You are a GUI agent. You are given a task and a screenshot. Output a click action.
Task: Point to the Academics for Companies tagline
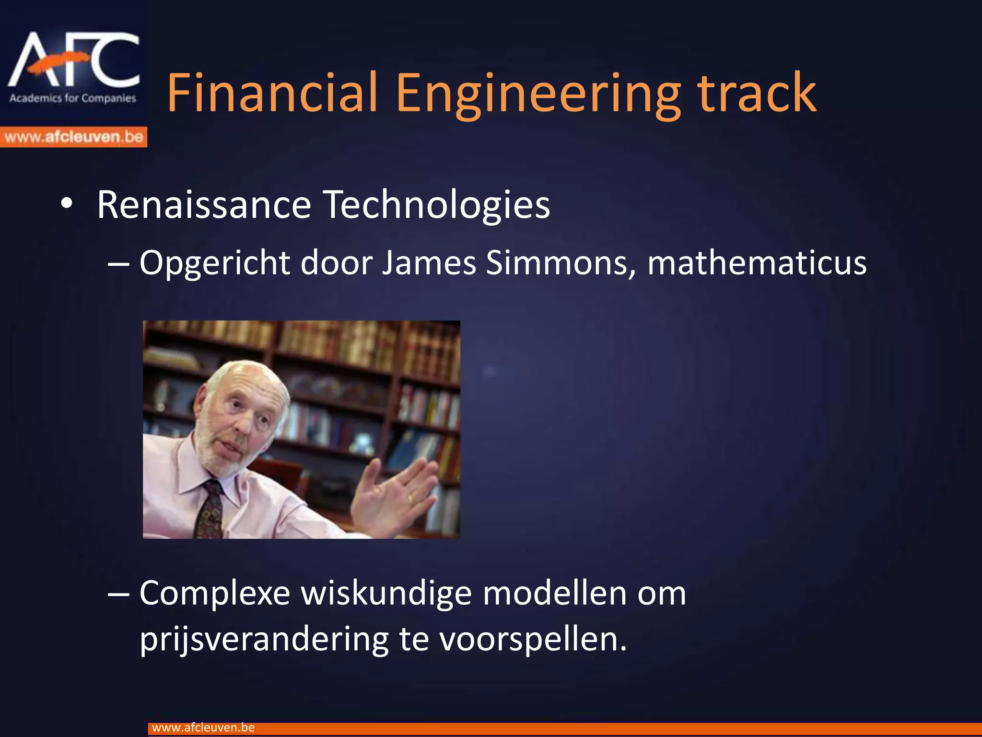coord(73,98)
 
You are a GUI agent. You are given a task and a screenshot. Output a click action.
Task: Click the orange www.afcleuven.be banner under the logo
coord(73,137)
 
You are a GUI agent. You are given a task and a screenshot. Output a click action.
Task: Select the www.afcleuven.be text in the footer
coord(203,727)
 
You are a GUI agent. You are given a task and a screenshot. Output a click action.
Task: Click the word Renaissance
coord(204,205)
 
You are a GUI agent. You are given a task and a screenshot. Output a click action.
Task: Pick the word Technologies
coord(436,205)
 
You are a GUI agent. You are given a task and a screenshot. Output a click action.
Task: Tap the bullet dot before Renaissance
coord(67,203)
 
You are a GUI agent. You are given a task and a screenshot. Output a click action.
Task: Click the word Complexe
coord(215,594)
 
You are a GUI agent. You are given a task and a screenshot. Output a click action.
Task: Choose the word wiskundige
coord(386,594)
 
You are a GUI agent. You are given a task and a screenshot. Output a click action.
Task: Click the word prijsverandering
coord(264,639)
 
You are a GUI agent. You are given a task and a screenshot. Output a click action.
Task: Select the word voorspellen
coord(532,640)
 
